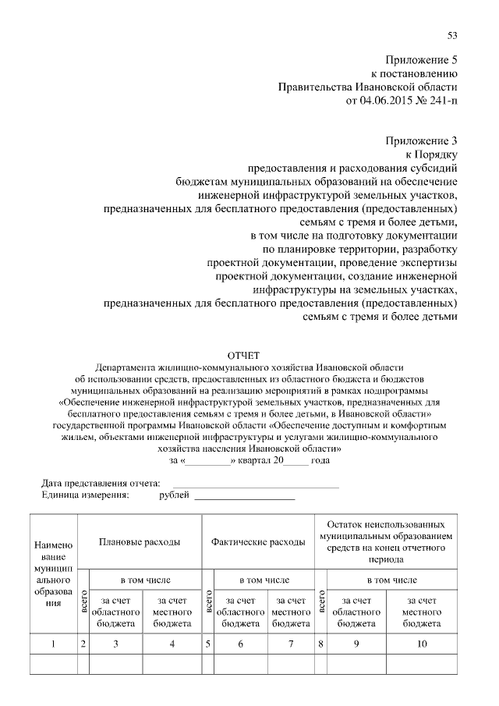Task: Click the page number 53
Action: (452, 35)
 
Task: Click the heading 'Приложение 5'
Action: (421, 60)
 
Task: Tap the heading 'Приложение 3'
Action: (421, 140)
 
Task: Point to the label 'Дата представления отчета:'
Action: (95, 484)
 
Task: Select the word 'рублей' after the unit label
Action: (174, 495)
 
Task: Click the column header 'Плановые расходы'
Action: (140, 541)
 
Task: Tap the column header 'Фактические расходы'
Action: (258, 541)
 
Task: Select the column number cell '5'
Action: (208, 644)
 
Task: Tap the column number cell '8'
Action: (320, 644)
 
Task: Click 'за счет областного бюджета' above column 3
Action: (116, 612)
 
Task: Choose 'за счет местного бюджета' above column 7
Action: (291, 612)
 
